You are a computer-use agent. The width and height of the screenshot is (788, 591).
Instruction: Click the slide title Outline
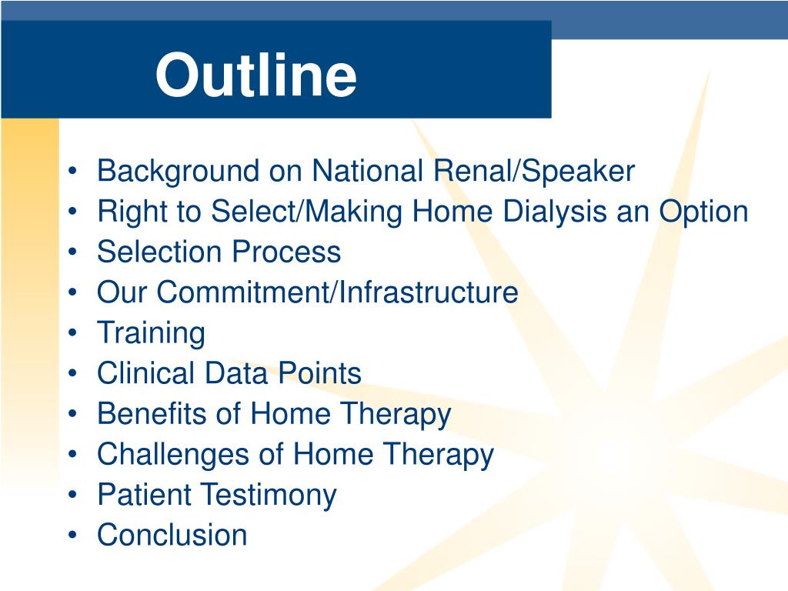pyautogui.click(x=255, y=75)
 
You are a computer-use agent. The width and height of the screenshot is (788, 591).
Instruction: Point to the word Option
pyautogui.click(x=703, y=212)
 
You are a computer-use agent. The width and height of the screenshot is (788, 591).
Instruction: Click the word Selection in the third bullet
pyautogui.click(x=159, y=252)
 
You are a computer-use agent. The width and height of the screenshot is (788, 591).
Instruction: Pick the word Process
pyautogui.click(x=286, y=252)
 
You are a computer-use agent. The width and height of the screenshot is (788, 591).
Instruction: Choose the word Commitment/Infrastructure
pyautogui.click(x=337, y=292)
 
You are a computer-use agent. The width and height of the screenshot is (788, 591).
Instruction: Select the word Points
pyautogui.click(x=319, y=373)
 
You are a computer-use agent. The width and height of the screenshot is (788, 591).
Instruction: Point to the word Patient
pyautogui.click(x=144, y=495)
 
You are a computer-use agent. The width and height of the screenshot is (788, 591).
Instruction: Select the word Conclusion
pyautogui.click(x=172, y=535)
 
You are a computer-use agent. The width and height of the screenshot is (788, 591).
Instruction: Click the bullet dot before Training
pyautogui.click(x=73, y=332)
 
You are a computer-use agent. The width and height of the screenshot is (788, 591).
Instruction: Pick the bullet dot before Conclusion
pyautogui.click(x=73, y=535)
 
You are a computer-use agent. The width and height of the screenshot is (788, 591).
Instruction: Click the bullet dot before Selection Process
pyautogui.click(x=73, y=252)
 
